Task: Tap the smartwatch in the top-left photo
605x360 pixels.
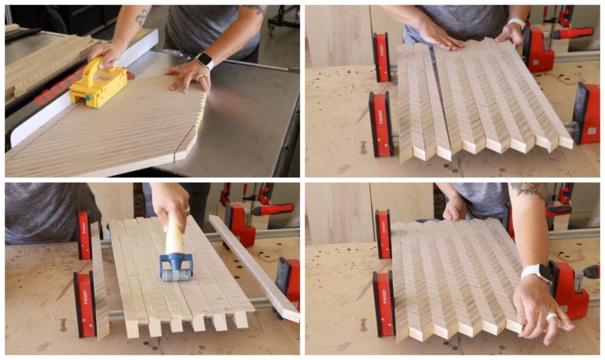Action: [x=204, y=61]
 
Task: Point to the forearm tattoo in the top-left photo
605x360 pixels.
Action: [x=142, y=17]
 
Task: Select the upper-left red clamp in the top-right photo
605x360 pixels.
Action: [x=381, y=58]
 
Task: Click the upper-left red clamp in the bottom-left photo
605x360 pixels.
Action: [x=84, y=236]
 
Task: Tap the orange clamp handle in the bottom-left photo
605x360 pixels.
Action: [x=273, y=209]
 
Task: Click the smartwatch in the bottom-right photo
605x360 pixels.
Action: [x=537, y=273]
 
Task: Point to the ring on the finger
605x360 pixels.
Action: [x=551, y=318]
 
